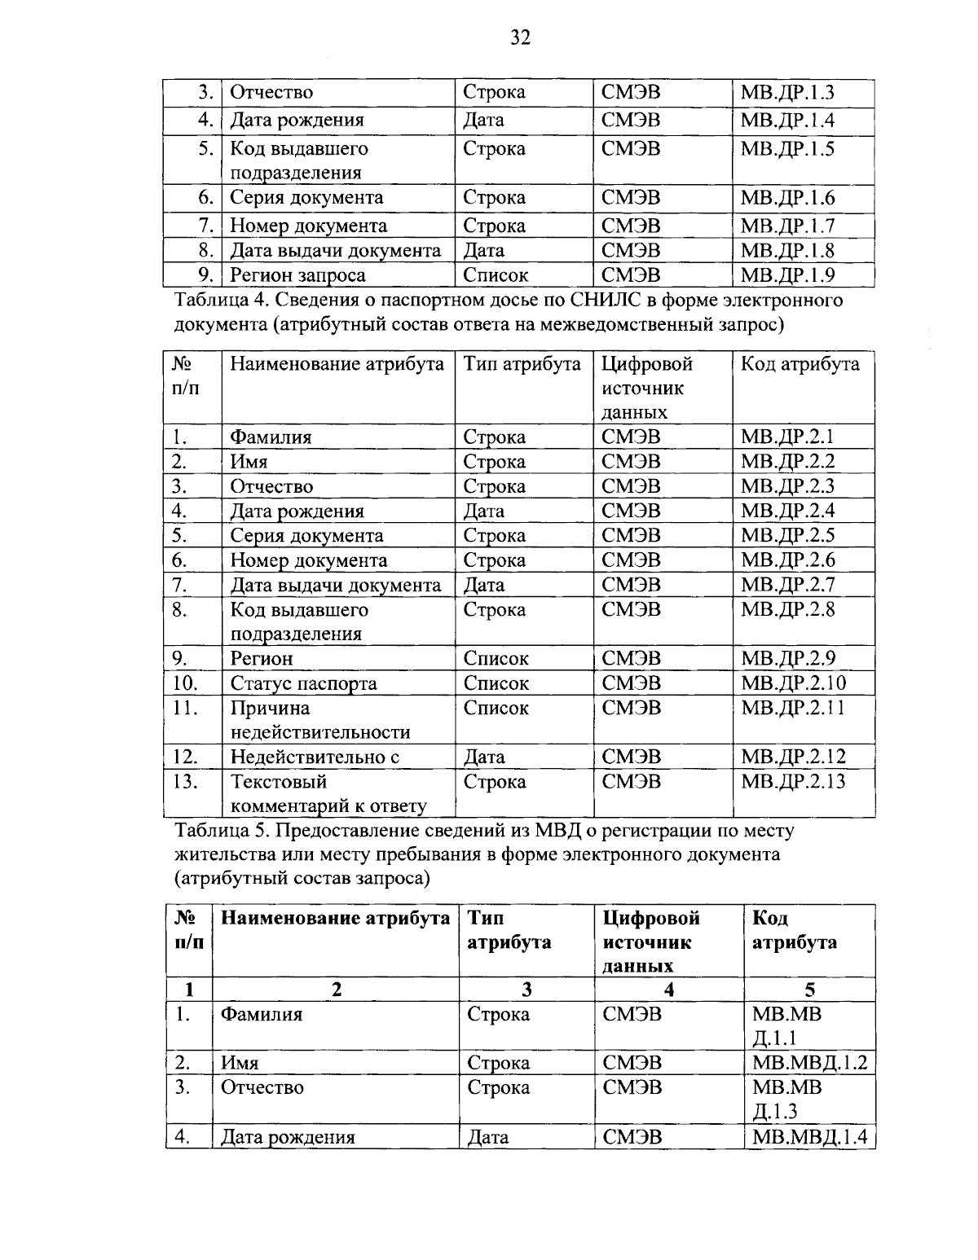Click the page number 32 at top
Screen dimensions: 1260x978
520,37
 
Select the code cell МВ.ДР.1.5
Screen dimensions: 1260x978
786,149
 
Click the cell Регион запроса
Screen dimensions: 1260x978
297,275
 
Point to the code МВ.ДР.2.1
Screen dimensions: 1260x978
786,437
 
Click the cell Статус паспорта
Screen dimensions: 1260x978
303,683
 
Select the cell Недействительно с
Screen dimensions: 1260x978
315,757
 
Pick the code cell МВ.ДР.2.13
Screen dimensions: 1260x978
793,782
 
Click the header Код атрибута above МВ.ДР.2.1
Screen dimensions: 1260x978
799,364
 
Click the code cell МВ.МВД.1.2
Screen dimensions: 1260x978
809,1063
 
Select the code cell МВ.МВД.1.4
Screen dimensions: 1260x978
809,1137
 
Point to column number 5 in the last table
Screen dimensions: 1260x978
809,990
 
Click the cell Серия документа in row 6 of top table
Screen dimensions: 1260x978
306,198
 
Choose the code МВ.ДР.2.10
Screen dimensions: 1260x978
793,683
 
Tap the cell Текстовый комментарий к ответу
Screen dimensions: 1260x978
328,794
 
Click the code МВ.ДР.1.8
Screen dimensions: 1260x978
786,251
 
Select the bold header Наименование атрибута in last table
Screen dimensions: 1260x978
335,919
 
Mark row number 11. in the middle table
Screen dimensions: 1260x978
186,708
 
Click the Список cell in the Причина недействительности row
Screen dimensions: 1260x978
496,708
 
